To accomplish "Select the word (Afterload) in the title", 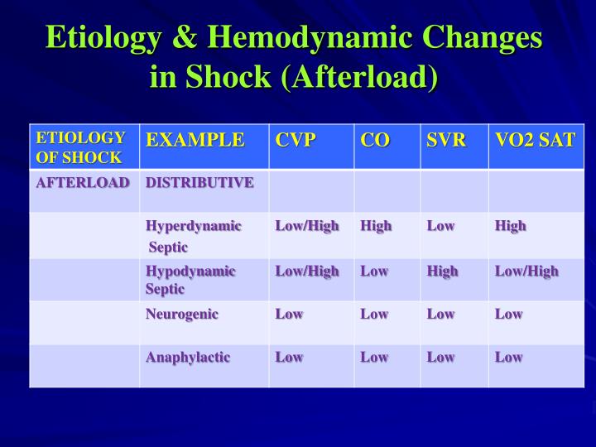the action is coord(360,77).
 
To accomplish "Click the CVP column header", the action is coord(296,140).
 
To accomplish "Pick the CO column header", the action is coord(375,140).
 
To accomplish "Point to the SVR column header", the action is coord(446,140).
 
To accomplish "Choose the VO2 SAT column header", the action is coord(536,140).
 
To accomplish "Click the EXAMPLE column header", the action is coord(195,140).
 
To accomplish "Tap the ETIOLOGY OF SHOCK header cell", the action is coord(80,147).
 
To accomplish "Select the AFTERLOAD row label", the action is coord(83,183).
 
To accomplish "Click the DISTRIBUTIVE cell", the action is coord(199,183).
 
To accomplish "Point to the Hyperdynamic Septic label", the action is coord(194,237).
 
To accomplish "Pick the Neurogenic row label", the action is coord(182,315).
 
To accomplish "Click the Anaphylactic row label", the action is coord(188,358).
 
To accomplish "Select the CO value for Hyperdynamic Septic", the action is coord(376,226).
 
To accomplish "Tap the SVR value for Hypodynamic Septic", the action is coord(442,272).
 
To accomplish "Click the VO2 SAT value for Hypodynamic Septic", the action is coord(526,272).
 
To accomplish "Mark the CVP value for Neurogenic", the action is coord(289,314).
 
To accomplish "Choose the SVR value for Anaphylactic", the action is coord(440,357).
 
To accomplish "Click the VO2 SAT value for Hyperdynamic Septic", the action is coord(511,226).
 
